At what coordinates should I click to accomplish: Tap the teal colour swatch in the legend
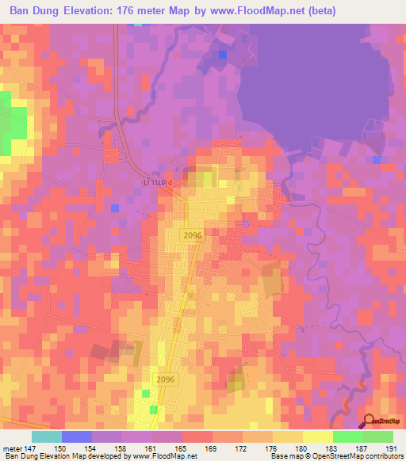coord(47,436)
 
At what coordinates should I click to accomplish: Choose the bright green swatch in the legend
coord(348,436)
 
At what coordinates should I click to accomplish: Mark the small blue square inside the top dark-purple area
coord(223,54)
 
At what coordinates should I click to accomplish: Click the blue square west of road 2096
coord(115,208)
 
